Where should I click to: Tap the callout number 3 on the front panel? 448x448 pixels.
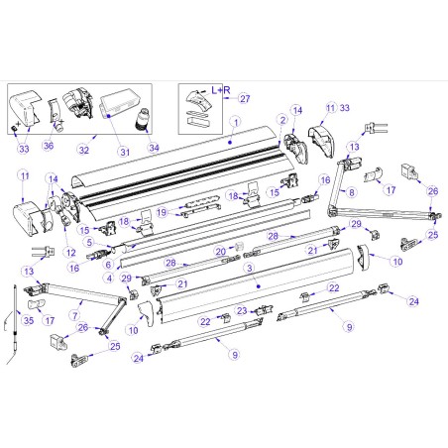(x=249, y=268)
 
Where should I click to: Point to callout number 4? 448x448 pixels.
(x=107, y=277)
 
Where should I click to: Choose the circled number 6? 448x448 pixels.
(x=107, y=264)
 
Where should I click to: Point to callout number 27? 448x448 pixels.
(x=245, y=98)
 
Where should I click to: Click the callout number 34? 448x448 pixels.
(x=154, y=149)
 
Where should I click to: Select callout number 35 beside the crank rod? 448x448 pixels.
(x=27, y=320)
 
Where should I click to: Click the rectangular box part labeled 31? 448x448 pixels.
(x=120, y=100)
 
